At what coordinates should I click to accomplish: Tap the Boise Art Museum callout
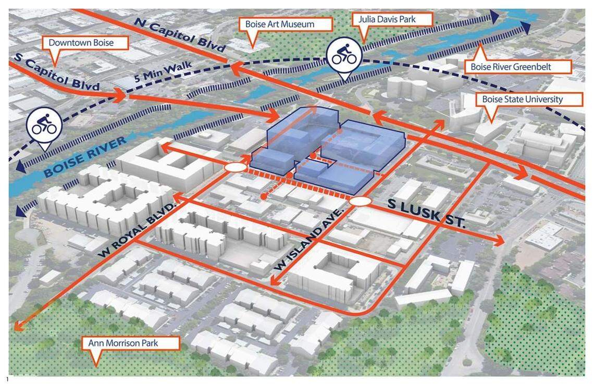click(288, 24)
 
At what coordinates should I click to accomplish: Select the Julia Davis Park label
click(388, 20)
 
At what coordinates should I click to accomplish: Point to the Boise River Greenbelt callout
click(517, 67)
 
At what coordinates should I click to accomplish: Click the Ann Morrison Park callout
click(130, 343)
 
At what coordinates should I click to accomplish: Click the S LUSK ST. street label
click(425, 214)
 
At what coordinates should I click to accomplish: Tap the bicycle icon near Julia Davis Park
click(344, 55)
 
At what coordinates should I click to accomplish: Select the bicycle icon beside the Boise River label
click(44, 126)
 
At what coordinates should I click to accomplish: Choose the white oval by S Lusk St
click(360, 202)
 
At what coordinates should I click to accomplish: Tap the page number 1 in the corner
click(8, 379)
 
